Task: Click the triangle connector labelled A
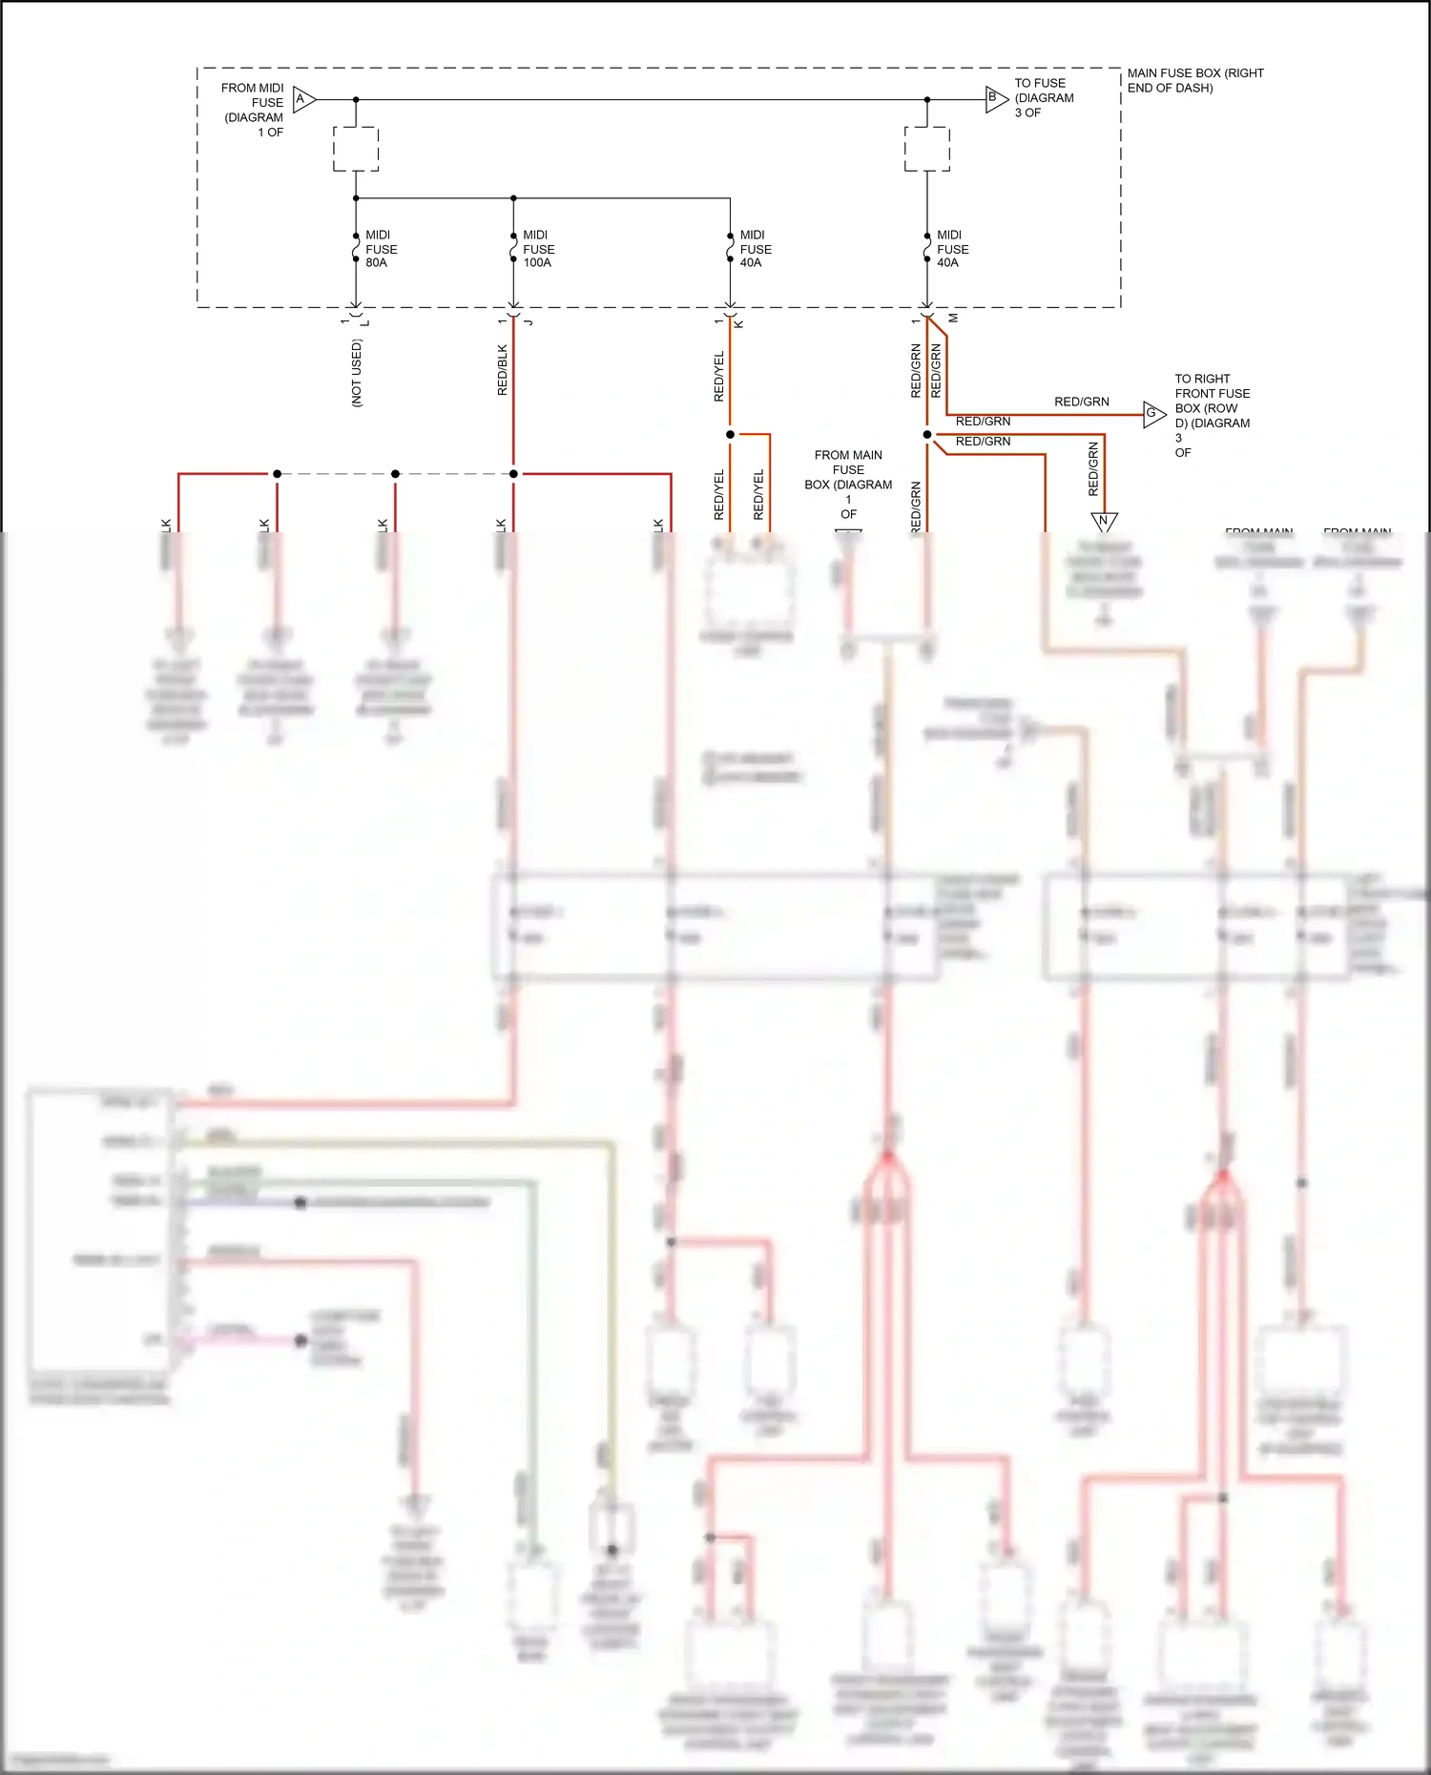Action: [303, 99]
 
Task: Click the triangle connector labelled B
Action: [995, 98]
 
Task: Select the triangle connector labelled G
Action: [1153, 414]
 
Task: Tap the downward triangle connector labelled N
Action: [1104, 521]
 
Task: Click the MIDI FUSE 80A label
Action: [380, 249]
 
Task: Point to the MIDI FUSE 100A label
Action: [538, 249]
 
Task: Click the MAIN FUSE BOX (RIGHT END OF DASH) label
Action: [1194, 80]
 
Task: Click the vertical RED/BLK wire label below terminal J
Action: [503, 370]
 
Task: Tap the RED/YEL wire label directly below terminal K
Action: [719, 376]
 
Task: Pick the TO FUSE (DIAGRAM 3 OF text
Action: [1043, 97]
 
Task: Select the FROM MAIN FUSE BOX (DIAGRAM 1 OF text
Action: [848, 484]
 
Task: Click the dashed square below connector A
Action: [356, 149]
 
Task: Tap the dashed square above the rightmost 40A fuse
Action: [926, 149]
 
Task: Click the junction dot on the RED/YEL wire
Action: [730, 435]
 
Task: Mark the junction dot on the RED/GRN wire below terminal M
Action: [926, 435]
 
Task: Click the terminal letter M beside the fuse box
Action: [952, 319]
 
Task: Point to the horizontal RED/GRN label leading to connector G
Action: [1081, 402]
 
